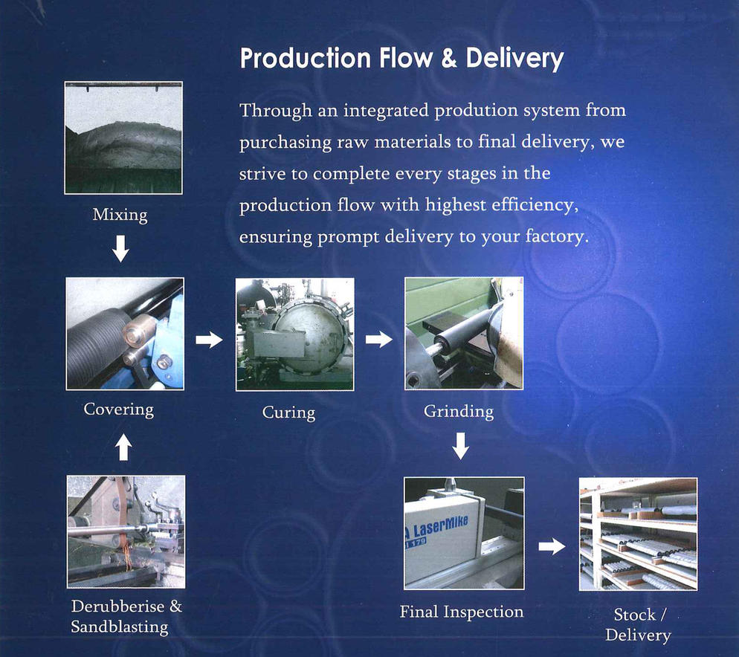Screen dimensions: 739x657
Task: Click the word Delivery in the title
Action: tap(514, 59)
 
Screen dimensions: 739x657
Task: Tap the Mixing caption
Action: tap(120, 215)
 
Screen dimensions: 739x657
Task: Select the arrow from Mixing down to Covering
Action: tap(120, 249)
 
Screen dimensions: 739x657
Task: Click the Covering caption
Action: tap(119, 409)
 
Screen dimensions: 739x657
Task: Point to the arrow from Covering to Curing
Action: tap(209, 339)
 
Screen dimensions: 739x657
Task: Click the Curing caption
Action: tap(288, 412)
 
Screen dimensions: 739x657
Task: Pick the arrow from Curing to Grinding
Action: tap(379, 339)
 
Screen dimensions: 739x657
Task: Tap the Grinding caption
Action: tap(459, 412)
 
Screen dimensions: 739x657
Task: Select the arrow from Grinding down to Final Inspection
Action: tap(460, 446)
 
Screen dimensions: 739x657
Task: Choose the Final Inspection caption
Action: tap(462, 612)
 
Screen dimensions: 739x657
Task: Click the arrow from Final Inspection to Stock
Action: tap(552, 546)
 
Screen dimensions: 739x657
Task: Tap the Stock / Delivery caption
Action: tap(638, 624)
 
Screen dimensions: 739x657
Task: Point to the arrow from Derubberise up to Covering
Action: tap(123, 447)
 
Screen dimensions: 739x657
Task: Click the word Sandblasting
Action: tap(120, 627)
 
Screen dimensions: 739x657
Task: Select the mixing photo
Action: tap(123, 137)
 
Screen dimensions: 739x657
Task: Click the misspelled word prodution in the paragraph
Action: tap(469, 111)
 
